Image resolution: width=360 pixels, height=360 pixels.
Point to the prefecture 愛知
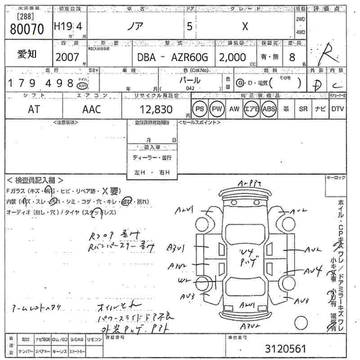click(27, 54)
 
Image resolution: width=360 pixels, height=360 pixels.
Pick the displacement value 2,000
click(233, 57)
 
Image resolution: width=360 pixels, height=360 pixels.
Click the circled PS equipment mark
click(199, 109)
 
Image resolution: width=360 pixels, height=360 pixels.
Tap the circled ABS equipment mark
click(269, 109)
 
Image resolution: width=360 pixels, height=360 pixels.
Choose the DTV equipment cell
click(337, 109)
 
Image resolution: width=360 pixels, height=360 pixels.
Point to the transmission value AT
click(34, 109)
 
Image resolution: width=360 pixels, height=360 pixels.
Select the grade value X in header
click(245, 26)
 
